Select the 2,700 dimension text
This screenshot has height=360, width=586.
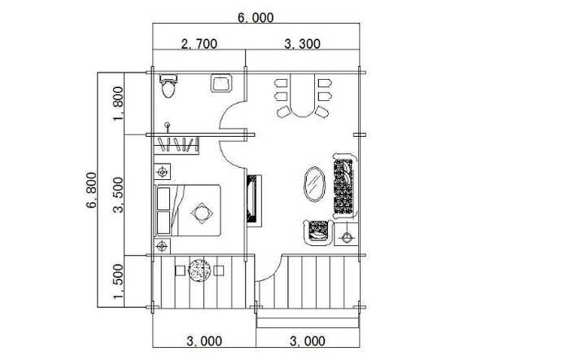[x=198, y=45]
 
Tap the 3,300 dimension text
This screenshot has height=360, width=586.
[x=302, y=45]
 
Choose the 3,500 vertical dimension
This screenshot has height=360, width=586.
[x=119, y=195]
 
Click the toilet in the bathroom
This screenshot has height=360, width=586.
[x=168, y=85]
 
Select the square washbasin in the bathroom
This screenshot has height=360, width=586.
[x=221, y=83]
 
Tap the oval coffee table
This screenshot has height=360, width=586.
[x=313, y=182]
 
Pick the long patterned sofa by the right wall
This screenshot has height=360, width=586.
[x=344, y=187]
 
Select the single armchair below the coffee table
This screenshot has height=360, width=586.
[x=317, y=232]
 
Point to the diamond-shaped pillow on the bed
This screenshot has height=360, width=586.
[x=200, y=213]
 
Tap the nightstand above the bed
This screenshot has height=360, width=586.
[x=163, y=172]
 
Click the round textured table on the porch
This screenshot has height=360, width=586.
[x=199, y=270]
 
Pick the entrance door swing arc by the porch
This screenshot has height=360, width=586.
[x=269, y=269]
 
